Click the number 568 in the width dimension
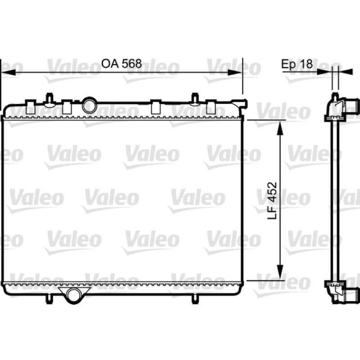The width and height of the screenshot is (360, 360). click(131, 63)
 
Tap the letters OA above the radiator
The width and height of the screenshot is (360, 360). click(110, 63)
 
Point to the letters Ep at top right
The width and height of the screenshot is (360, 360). click(289, 64)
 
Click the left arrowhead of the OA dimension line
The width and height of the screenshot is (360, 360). click(9, 72)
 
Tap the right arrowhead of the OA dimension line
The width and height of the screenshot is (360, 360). click(234, 72)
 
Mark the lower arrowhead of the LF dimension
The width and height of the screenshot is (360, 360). click(280, 272)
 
